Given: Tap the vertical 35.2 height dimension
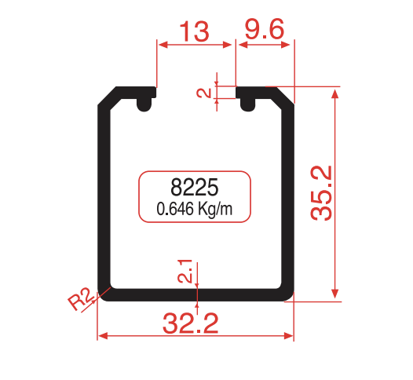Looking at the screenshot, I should tap(322, 193).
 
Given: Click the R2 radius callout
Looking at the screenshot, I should tap(80, 300).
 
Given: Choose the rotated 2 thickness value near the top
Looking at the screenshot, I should tap(204, 93).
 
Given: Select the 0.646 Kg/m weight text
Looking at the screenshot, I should tap(194, 210).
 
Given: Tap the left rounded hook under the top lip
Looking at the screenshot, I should tap(145, 102).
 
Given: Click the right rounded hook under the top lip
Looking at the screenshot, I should tap(247, 102).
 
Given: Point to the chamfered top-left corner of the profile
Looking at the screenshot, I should tap(108, 97).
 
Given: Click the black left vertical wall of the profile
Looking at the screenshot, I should tap(103, 196).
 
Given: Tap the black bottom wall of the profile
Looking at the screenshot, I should tap(196, 294).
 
